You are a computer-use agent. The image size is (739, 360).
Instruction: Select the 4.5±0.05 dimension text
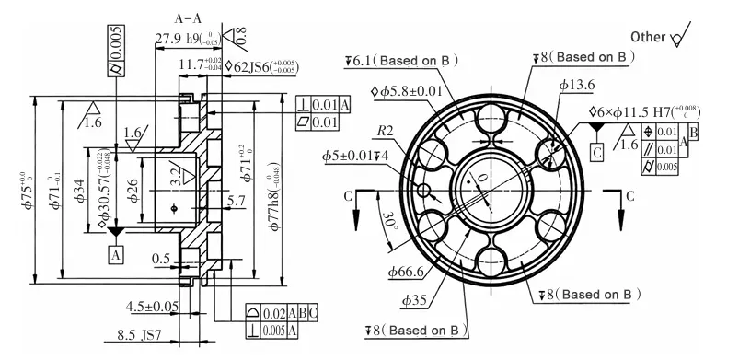coord(152,306)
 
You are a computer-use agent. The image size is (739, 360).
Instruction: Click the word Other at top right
coord(648,36)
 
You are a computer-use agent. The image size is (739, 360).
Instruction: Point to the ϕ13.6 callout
coord(575,86)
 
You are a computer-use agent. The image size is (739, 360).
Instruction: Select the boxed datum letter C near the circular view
coord(596,151)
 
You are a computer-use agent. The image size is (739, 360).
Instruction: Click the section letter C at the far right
coord(629,196)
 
